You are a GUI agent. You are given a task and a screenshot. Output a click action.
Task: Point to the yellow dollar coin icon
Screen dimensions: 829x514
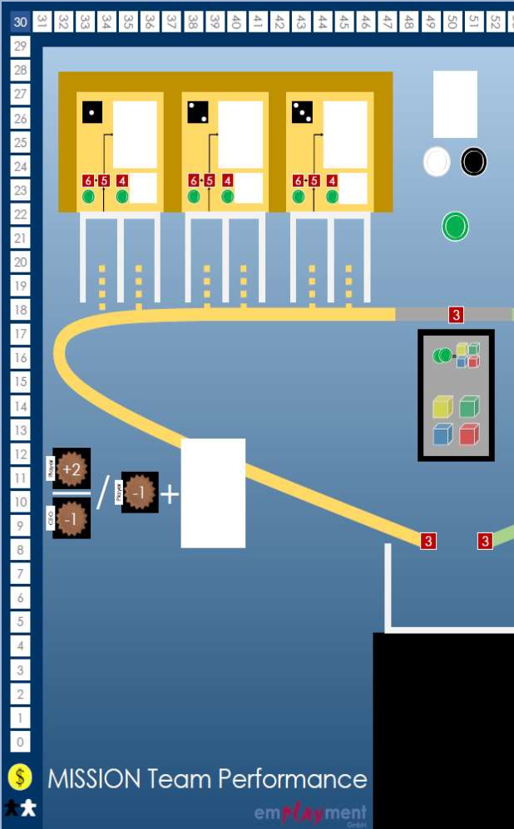[21, 777]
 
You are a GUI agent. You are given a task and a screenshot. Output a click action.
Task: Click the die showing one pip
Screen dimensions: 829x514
[92, 111]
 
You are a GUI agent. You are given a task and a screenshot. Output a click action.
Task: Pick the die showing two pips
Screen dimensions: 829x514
[198, 111]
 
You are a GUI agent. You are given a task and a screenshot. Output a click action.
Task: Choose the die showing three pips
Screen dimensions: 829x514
[303, 111]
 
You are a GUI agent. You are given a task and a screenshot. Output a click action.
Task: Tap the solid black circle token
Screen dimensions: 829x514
[473, 162]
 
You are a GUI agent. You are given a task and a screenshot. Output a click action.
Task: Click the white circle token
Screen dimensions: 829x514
[437, 162]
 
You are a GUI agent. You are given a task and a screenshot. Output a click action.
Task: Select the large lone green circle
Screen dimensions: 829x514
[455, 226]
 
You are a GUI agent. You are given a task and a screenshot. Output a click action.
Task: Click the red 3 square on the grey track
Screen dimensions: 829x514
[456, 315]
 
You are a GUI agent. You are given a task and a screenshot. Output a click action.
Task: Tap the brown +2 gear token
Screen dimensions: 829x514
[72, 469]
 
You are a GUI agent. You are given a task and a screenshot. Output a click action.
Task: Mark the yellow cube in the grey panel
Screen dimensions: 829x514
[442, 407]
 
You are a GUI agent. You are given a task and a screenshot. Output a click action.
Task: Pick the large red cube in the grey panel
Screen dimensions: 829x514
[469, 434]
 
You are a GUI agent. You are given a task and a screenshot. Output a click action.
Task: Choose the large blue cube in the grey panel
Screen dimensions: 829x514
[442, 434]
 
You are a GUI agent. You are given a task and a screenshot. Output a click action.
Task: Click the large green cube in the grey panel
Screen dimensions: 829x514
[469, 407]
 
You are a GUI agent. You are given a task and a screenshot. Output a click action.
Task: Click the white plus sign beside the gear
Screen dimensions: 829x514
[170, 494]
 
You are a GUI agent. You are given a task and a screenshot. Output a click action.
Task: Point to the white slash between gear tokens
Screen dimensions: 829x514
[103, 493]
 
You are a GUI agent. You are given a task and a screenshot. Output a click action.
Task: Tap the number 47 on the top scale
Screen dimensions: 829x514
[386, 22]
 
